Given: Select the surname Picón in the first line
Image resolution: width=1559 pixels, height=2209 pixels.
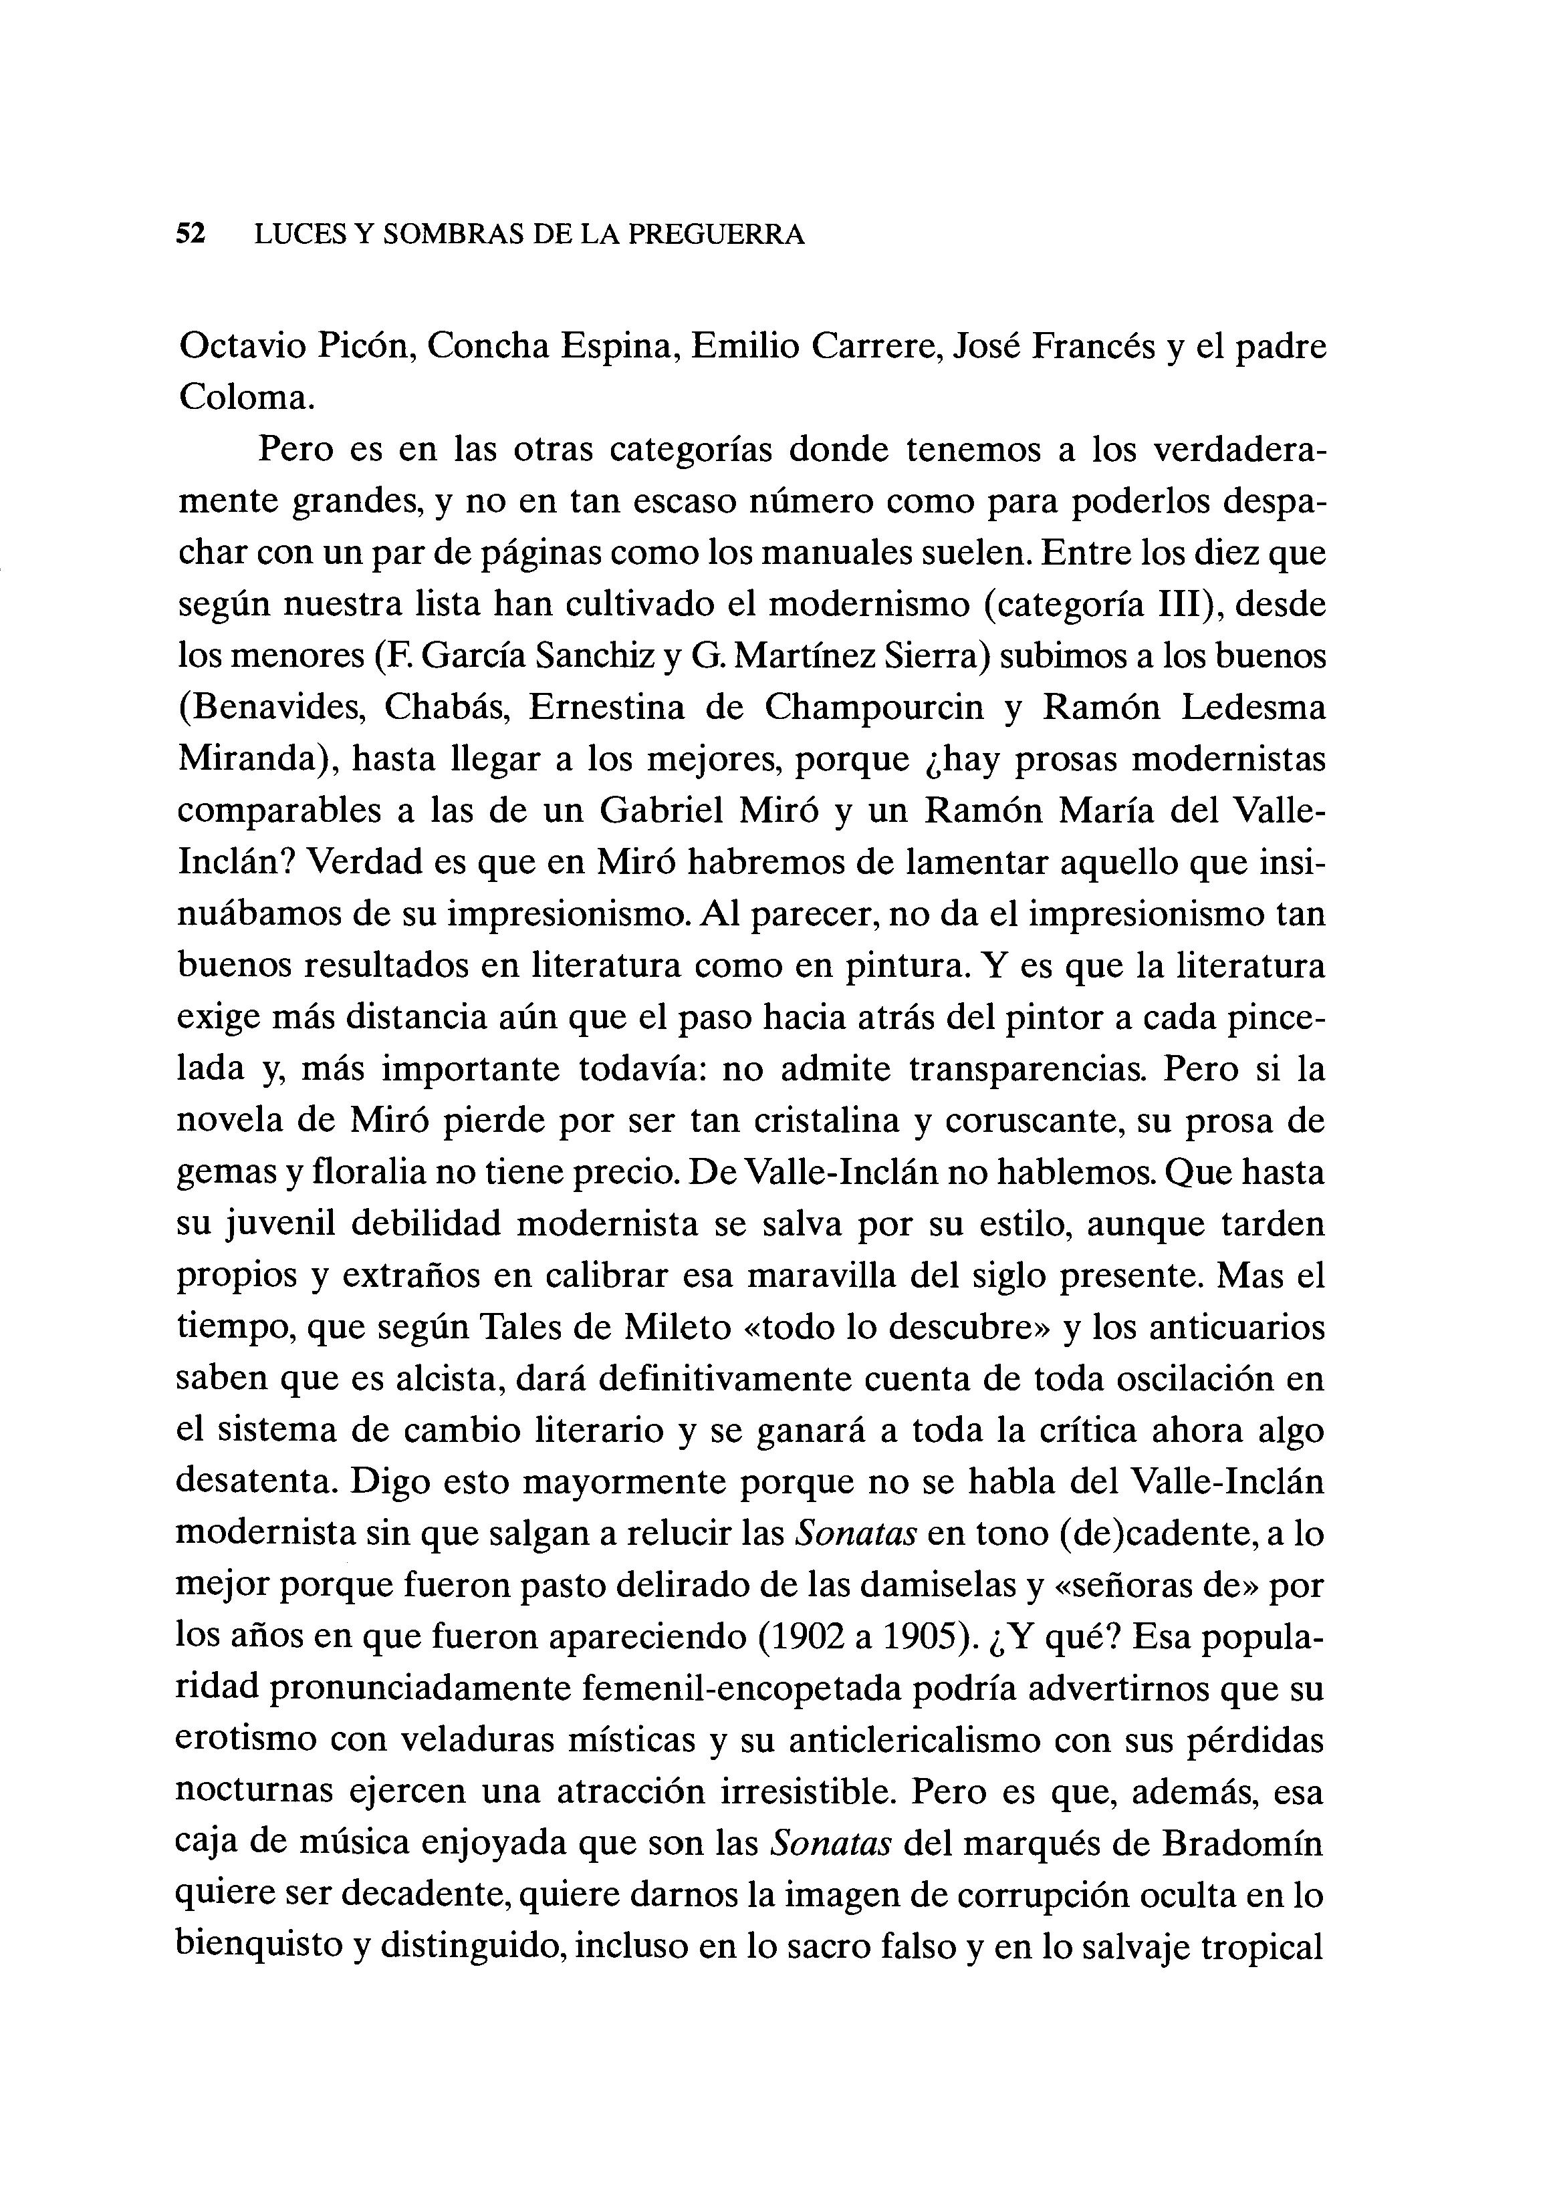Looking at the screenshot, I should (x=368, y=346).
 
